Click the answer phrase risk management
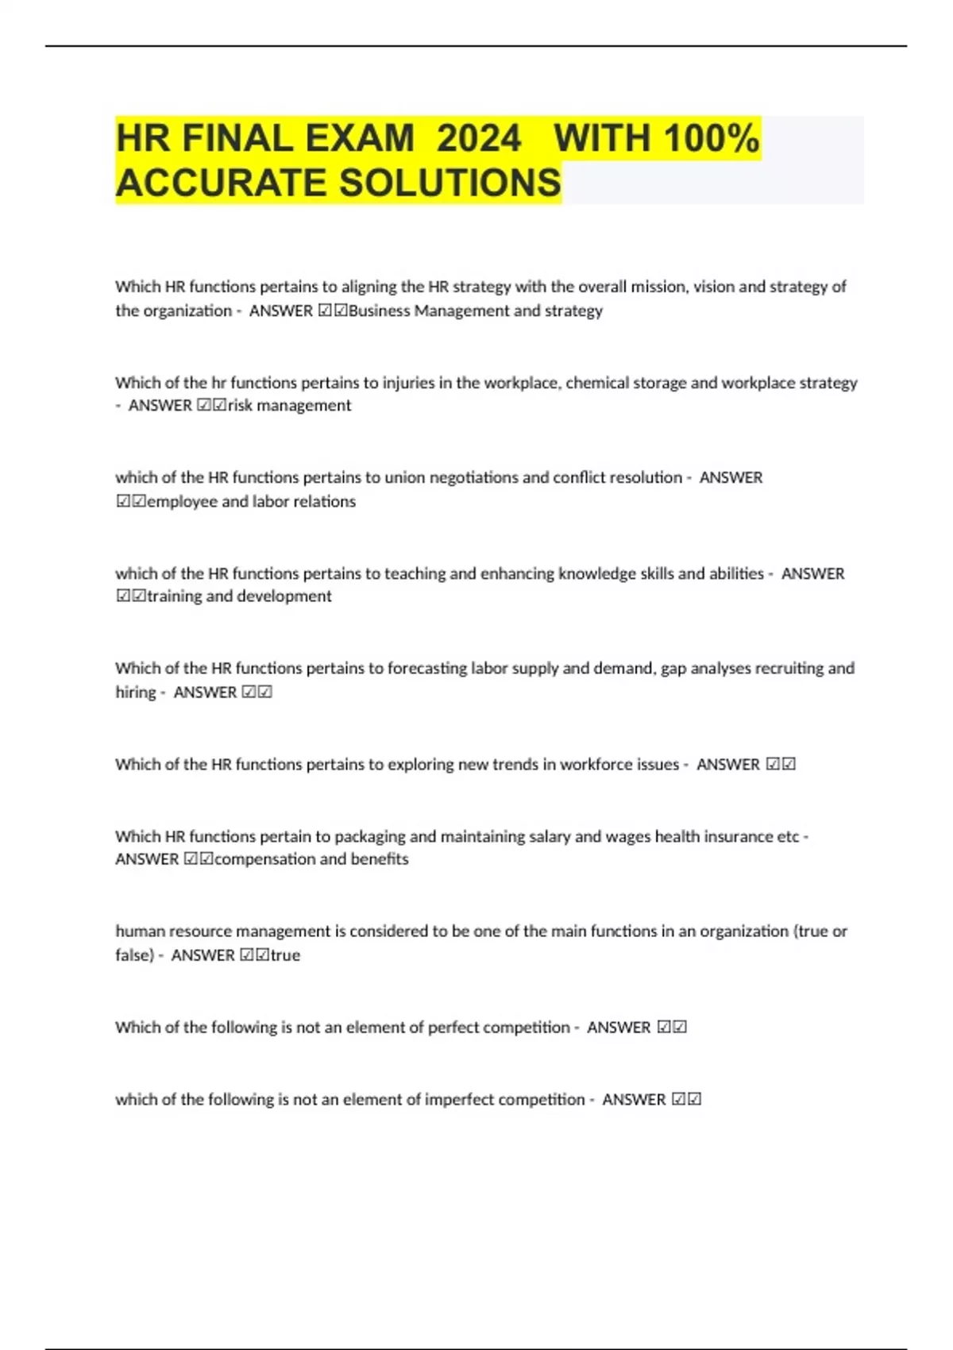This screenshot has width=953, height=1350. click(289, 406)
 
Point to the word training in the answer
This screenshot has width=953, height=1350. click(175, 596)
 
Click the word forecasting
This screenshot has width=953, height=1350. click(426, 669)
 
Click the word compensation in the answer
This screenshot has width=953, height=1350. click(264, 859)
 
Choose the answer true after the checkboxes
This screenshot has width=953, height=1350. click(286, 955)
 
